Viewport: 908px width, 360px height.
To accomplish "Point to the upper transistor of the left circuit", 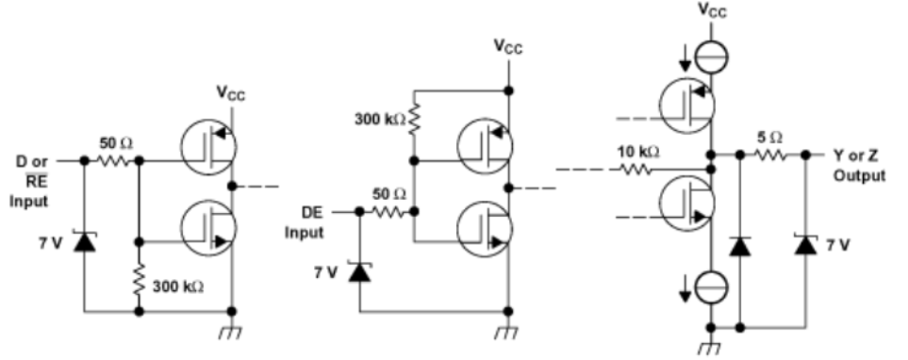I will point(207,144).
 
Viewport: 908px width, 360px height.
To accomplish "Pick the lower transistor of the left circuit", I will point(207,226).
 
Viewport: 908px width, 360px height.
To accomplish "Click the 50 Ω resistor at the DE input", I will point(388,212).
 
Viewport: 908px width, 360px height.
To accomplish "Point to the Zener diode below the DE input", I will point(358,272).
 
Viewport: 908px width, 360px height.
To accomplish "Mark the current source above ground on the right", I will point(712,286).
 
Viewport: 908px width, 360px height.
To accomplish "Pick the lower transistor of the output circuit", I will point(688,201).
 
